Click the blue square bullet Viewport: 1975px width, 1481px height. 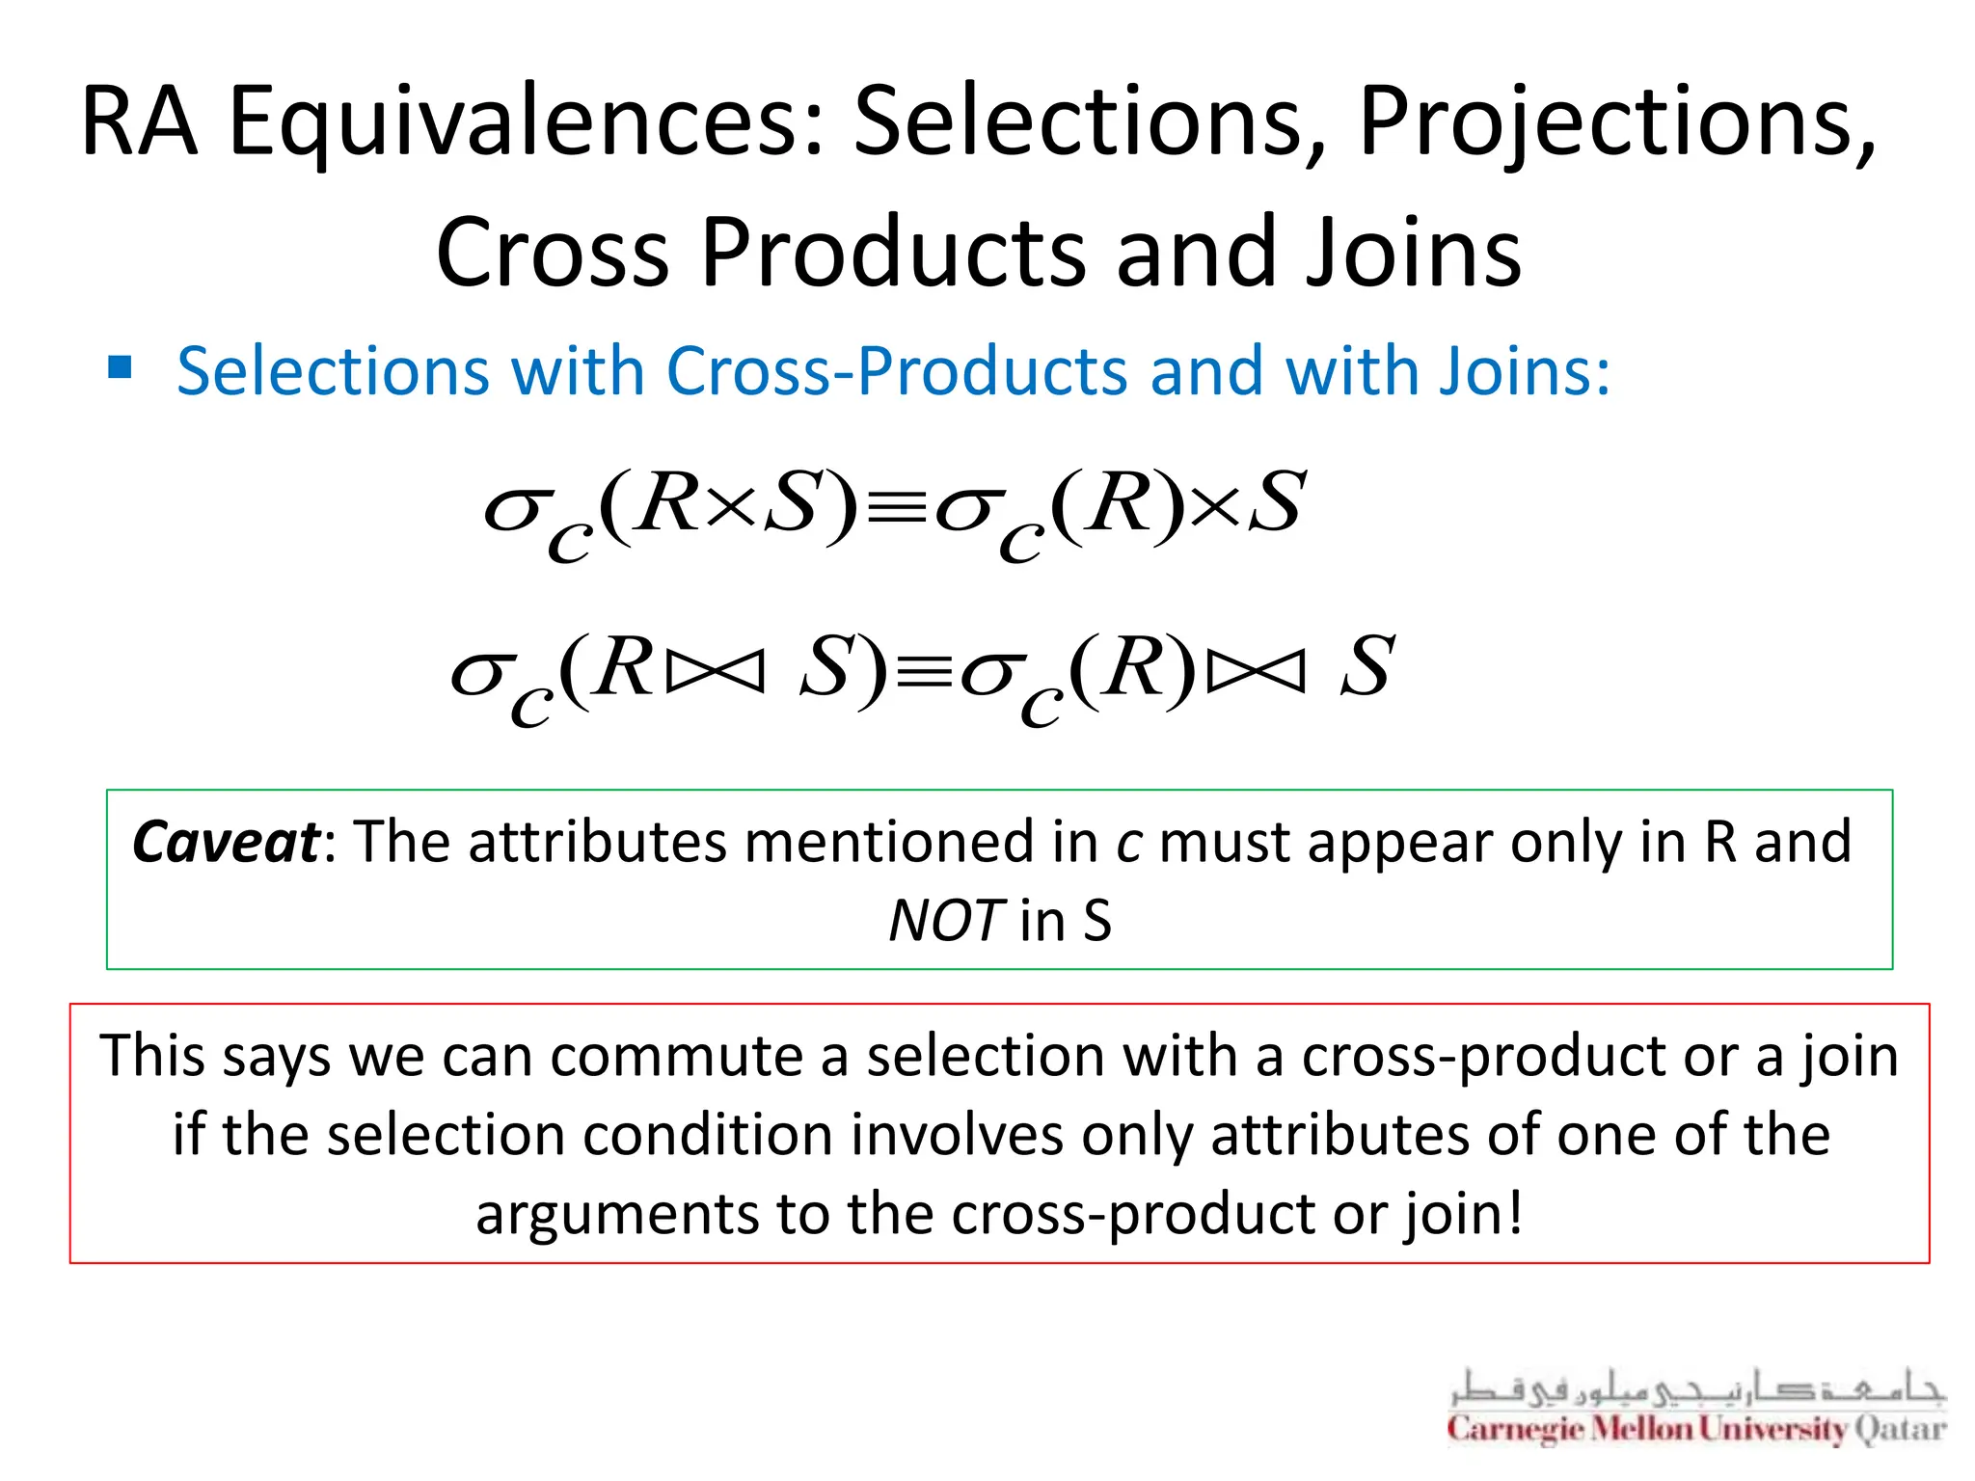[x=120, y=367]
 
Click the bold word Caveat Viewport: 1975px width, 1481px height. [x=226, y=842]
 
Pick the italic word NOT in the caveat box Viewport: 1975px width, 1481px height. [x=946, y=921]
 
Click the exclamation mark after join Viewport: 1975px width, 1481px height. [x=1515, y=1211]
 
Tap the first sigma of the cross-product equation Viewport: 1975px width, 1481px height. [x=512, y=508]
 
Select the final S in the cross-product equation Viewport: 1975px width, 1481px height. [x=1277, y=503]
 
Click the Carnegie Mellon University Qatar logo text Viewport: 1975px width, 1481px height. [x=1695, y=1429]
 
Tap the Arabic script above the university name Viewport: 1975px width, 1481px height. [x=1697, y=1388]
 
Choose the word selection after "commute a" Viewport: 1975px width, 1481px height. [x=985, y=1056]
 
